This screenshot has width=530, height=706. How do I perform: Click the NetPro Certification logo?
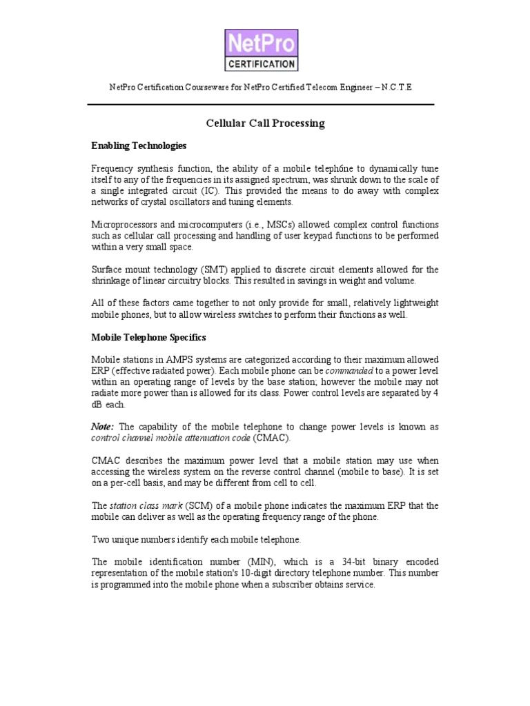(x=262, y=50)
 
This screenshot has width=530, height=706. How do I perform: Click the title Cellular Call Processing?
(x=265, y=123)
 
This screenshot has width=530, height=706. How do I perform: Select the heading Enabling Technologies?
(x=139, y=146)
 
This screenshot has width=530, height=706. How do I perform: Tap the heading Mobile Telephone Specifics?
(x=149, y=338)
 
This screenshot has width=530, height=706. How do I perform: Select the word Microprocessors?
(x=125, y=225)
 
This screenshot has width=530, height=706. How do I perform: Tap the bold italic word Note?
(x=104, y=427)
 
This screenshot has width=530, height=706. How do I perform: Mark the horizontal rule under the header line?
(x=260, y=104)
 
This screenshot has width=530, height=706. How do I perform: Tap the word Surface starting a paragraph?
(x=108, y=270)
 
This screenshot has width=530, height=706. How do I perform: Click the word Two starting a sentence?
(x=101, y=539)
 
